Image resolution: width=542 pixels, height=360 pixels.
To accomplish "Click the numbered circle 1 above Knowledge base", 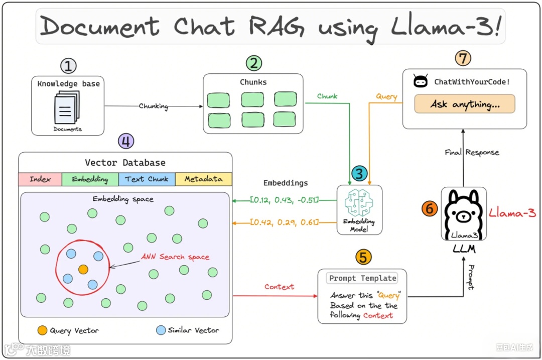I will tap(68, 66).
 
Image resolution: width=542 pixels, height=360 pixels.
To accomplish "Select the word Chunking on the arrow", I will tap(154, 106).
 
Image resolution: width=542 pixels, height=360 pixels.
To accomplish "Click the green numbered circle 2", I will tap(254, 63).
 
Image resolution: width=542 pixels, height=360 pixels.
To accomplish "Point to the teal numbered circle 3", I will tap(359, 174).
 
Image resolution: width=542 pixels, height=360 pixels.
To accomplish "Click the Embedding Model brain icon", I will tap(359, 203).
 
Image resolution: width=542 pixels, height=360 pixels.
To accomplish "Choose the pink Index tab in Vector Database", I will tap(40, 179).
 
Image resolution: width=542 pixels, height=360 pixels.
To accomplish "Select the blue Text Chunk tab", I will tap(147, 179).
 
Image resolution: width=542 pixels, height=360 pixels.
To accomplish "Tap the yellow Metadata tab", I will tap(203, 179).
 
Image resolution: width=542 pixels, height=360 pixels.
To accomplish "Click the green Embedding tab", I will tap(90, 179).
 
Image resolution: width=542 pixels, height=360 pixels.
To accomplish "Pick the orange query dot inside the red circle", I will tap(83, 270).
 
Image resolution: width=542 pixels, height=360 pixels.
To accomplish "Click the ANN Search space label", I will tap(175, 257).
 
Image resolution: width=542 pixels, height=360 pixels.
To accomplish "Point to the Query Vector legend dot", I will tap(43, 330).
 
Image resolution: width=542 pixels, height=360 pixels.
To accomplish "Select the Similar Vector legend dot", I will tap(161, 330).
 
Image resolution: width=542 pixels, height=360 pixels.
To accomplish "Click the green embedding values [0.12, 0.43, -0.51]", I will tap(285, 200).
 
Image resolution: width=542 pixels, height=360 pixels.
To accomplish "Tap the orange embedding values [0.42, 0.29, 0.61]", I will tap(285, 222).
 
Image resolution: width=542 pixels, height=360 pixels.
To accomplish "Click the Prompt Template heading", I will tap(362, 278).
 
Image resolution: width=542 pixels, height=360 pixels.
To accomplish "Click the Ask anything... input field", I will tap(465, 104).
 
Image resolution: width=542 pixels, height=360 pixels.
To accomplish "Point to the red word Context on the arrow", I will tap(280, 287).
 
